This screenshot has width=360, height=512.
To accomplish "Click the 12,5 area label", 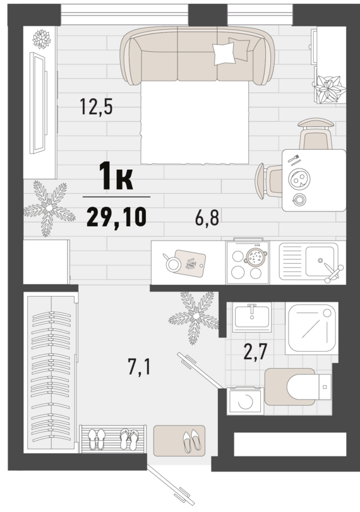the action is (97, 107).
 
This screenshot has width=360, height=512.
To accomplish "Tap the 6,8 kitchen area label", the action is (207, 218).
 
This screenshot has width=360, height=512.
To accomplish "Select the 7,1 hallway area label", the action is (139, 368).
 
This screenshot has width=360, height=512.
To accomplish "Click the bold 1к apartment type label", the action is (116, 176).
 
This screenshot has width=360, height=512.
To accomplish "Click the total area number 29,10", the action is (116, 217).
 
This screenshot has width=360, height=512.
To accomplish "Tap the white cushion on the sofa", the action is (224, 53).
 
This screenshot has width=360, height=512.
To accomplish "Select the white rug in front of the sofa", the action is (195, 122).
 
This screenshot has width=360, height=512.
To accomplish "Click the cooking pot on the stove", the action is (256, 258).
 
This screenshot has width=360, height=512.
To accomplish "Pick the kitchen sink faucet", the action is (333, 273).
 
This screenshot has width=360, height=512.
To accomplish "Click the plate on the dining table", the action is (299, 179).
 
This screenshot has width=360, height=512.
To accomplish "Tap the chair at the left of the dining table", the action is (267, 181).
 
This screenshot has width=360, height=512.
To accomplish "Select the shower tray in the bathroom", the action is (311, 328).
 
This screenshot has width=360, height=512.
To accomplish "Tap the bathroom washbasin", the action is (252, 317).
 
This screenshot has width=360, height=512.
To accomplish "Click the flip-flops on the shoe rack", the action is (129, 439).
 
